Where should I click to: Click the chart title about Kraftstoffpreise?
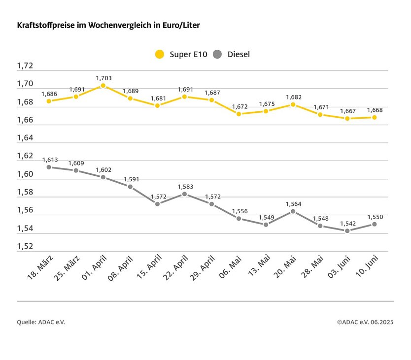(x=108, y=24)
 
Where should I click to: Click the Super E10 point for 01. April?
(x=103, y=86)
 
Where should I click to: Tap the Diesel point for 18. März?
(x=49, y=167)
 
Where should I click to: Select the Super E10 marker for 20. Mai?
(x=293, y=104)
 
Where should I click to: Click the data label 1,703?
(x=103, y=78)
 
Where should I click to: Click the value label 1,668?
(x=375, y=110)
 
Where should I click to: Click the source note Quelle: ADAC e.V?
(x=41, y=322)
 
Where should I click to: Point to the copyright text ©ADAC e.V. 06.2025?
(x=365, y=322)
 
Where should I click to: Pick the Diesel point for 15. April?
(x=157, y=204)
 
